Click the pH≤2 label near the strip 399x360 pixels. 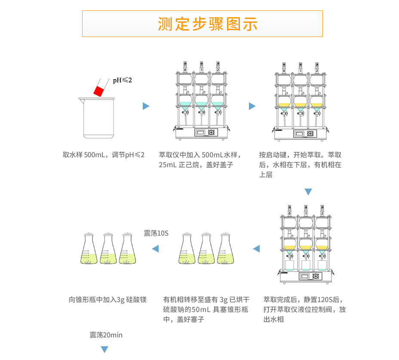coord(123,80)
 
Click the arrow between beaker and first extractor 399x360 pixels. coord(146,106)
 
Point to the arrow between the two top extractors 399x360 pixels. coord(252,106)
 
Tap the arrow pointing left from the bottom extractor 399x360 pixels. coord(256,249)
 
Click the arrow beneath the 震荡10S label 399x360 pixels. coord(155,249)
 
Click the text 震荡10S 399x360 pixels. coord(156,233)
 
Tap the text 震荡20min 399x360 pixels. coord(106,335)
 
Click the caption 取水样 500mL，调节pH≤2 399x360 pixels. coord(104,155)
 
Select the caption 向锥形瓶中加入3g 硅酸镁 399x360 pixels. coord(107,299)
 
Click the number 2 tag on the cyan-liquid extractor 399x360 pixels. coord(218,69)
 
